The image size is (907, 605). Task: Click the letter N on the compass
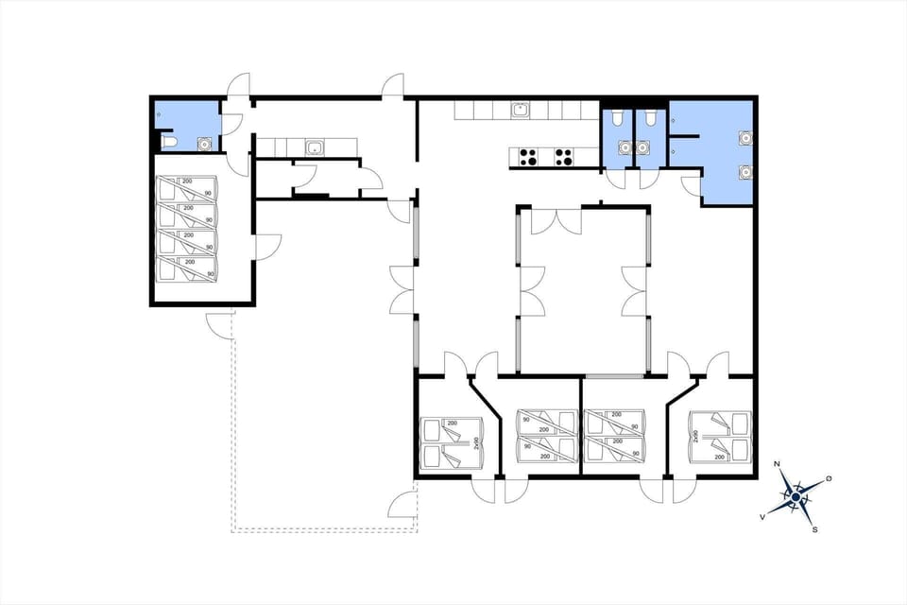point(777,464)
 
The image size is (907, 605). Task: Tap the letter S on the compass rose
point(814,529)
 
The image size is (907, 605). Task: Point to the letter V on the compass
point(762,517)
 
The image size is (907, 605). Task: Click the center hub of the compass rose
point(796,496)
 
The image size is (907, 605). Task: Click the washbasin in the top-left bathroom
point(203,144)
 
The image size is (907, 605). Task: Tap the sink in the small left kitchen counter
point(314,147)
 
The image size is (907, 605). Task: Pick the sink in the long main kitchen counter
point(520,110)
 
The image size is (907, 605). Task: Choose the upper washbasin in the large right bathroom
point(745,137)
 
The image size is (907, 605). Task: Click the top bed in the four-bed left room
point(186,186)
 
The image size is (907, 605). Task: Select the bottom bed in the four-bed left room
point(186,268)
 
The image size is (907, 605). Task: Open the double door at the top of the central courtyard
point(556,220)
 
